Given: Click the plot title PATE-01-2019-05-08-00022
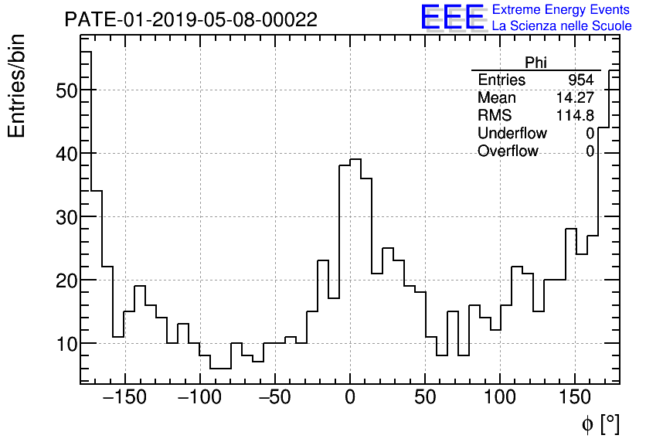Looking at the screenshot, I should (x=190, y=19).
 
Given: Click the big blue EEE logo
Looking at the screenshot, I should (x=452, y=17).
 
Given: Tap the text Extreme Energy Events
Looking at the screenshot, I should (x=561, y=10).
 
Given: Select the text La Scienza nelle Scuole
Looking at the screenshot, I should (x=561, y=26).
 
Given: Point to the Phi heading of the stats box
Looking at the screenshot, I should (x=535, y=63).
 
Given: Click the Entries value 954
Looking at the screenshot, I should (x=580, y=80).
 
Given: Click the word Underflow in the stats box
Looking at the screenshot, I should (x=512, y=134).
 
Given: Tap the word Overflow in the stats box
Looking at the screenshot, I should (x=508, y=151).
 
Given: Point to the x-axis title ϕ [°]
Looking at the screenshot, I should (x=600, y=423).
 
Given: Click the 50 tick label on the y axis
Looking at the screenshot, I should (x=65, y=90).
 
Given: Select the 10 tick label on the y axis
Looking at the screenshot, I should (x=65, y=344).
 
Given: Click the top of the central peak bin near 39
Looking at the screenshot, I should (x=355, y=160).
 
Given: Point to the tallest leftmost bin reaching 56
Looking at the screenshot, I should (x=86, y=53).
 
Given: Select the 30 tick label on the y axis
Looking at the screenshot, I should (x=65, y=217).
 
